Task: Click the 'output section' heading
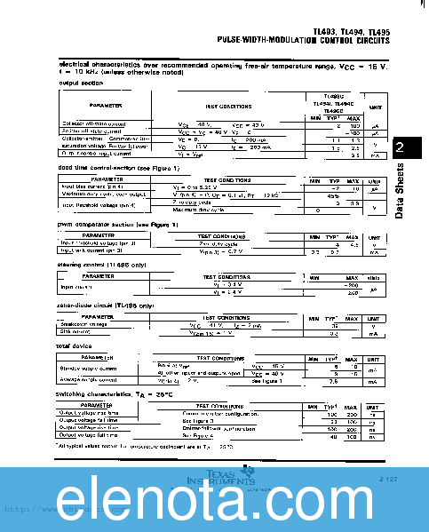click(81, 83)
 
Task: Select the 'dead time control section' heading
click(106, 168)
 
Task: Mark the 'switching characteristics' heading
click(103, 393)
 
